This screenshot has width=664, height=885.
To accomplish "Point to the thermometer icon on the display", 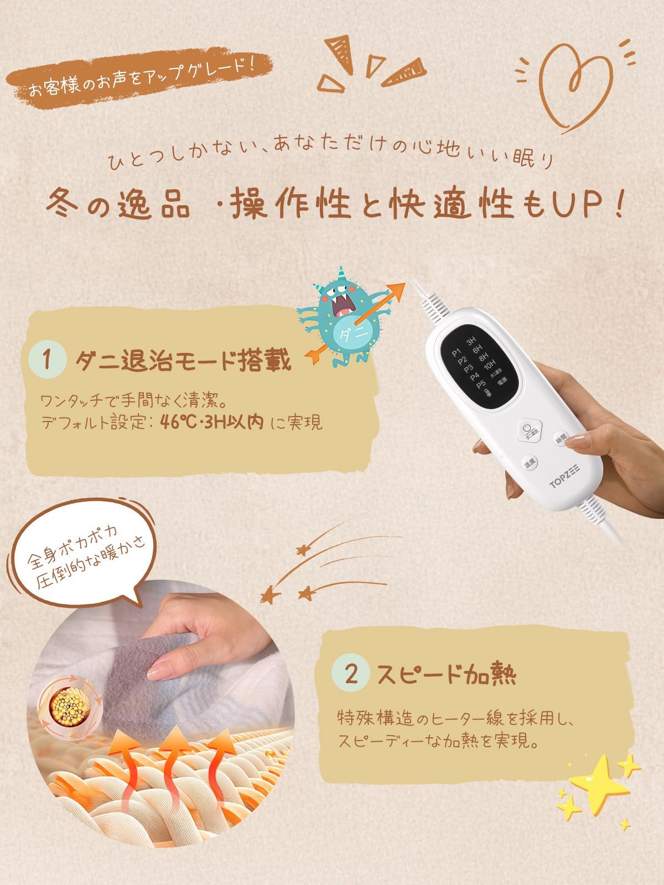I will click(487, 393).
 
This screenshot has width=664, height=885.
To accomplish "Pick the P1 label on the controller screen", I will click(457, 352).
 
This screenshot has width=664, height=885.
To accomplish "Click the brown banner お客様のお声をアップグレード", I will click(138, 80).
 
